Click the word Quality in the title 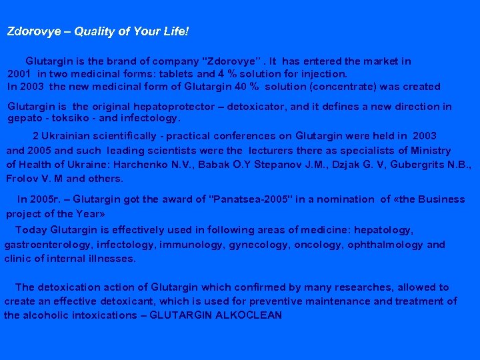click(92, 31)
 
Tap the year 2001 click(20, 74)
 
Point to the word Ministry click(430, 151)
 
